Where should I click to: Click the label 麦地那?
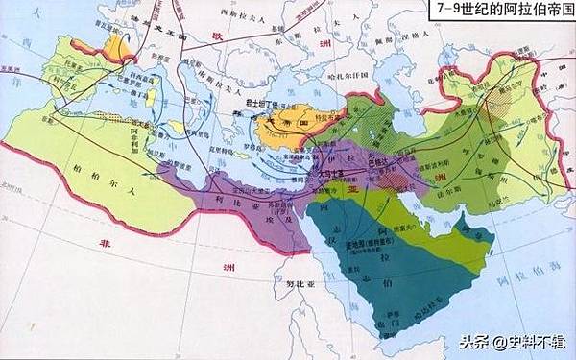coord(345,248)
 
